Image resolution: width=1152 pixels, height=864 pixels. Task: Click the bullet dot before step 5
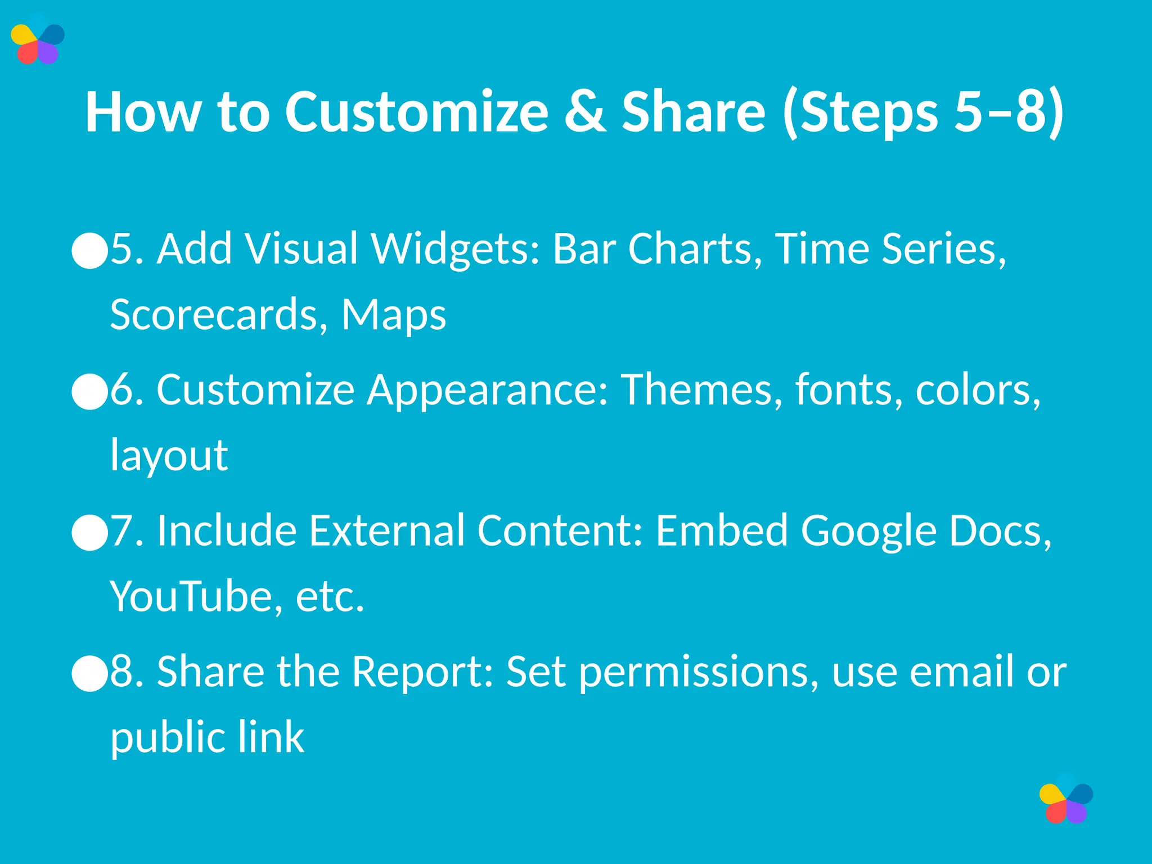(90, 251)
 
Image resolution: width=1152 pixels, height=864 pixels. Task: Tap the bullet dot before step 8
(90, 673)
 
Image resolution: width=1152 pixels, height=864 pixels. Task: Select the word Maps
(394, 315)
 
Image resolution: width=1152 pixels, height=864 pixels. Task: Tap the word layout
(169, 456)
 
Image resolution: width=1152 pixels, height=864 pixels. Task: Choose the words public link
(207, 738)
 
